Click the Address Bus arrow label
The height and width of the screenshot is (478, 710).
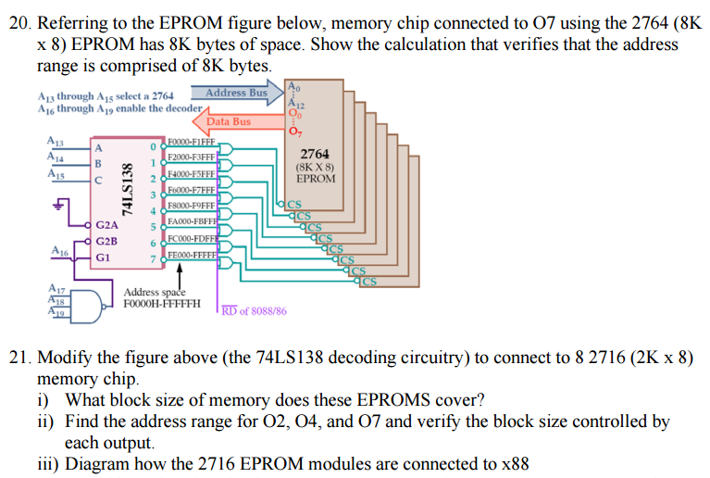[236, 93]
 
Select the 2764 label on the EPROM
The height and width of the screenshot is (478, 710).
[315, 155]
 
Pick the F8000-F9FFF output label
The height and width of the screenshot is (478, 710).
[191, 206]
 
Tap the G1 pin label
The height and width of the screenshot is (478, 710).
[103, 257]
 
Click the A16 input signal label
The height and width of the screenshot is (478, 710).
[58, 251]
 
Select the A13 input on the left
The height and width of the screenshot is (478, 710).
[55, 141]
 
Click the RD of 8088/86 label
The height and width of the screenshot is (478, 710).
[254, 311]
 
